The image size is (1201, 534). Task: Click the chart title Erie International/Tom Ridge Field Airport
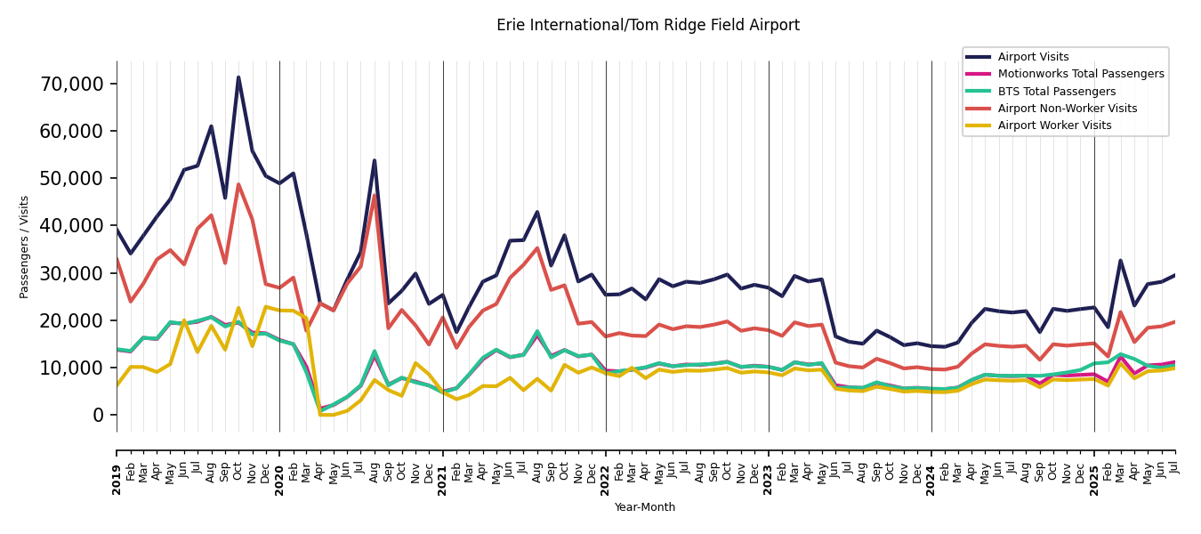[648, 26]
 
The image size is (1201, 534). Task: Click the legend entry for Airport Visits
[1033, 57]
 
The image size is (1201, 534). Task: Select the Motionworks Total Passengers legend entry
[1080, 74]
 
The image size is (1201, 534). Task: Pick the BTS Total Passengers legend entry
[1056, 92]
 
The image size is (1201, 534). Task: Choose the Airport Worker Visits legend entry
[1054, 125]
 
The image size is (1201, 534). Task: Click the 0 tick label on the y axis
[98, 415]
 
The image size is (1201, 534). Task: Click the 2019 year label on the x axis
[117, 479]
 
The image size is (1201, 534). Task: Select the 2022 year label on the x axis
[606, 479]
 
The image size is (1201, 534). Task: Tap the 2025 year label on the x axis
[1094, 479]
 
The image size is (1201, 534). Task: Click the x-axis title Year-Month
[645, 507]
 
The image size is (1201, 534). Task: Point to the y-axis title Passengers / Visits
[25, 247]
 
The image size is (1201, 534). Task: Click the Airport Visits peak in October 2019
[238, 77]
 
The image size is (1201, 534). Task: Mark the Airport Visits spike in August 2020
[375, 161]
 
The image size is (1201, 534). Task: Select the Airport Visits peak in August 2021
[537, 212]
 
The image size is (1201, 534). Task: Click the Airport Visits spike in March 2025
[1121, 261]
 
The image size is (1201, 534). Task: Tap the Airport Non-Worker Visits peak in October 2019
[238, 184]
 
